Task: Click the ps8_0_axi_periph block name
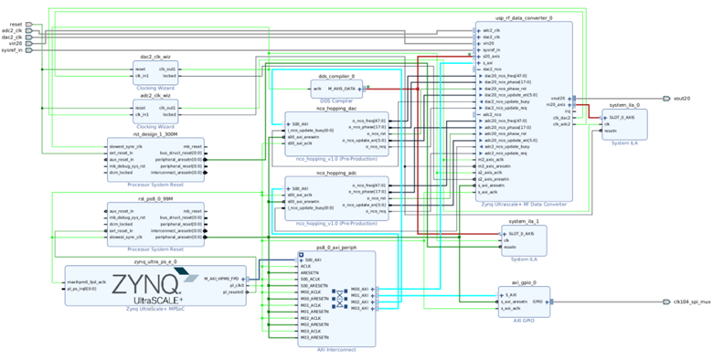[x=335, y=248]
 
